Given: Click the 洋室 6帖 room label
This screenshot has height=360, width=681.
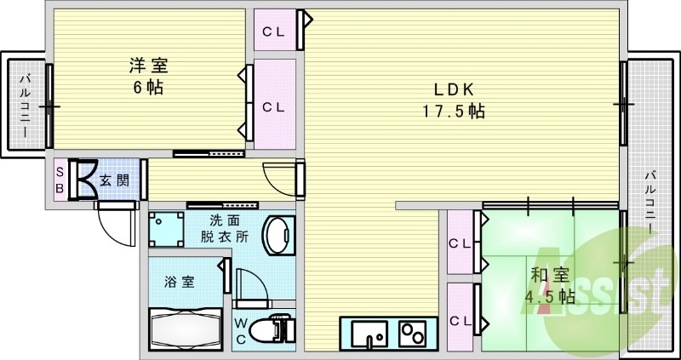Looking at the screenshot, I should click(x=147, y=76).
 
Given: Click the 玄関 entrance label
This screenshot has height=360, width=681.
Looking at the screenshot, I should click(x=113, y=180).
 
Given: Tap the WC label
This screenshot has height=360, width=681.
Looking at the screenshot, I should click(x=241, y=332).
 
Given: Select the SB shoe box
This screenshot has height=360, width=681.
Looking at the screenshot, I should click(x=60, y=180).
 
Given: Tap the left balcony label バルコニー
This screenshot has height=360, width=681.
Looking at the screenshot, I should click(x=25, y=106).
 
